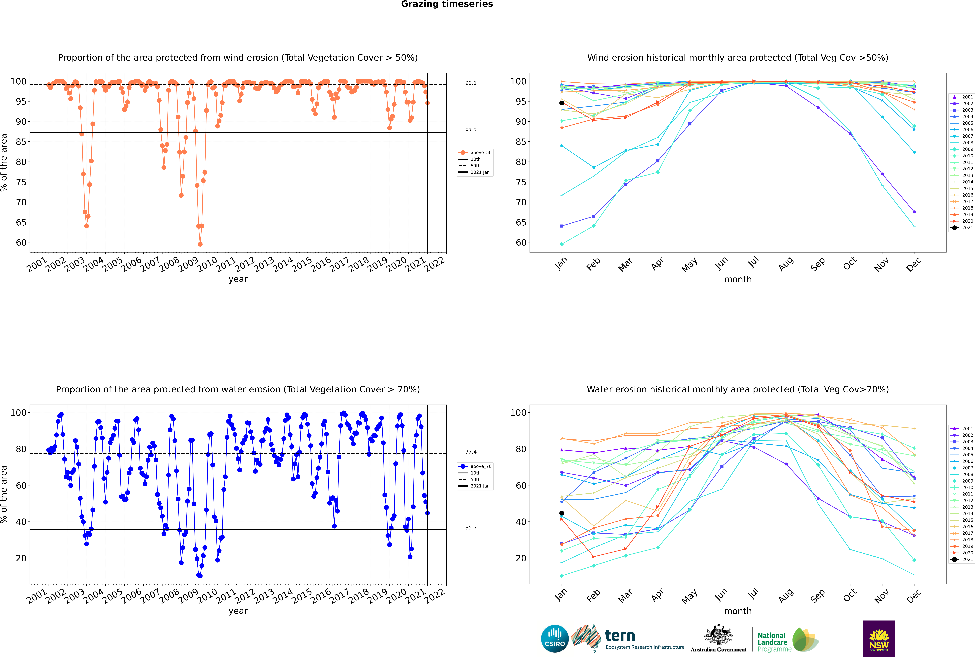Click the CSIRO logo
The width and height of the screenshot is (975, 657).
pyautogui.click(x=555, y=639)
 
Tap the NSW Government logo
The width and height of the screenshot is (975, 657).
pyautogui.click(x=879, y=639)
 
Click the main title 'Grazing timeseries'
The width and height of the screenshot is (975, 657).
pyautogui.click(x=447, y=4)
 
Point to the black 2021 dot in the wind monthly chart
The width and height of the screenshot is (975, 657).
pyautogui.click(x=562, y=103)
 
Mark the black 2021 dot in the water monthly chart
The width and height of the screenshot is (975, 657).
pyautogui.click(x=562, y=513)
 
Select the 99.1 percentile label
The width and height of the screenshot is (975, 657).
pyautogui.click(x=471, y=83)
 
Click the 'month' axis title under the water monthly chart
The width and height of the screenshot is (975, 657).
pyautogui.click(x=738, y=611)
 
